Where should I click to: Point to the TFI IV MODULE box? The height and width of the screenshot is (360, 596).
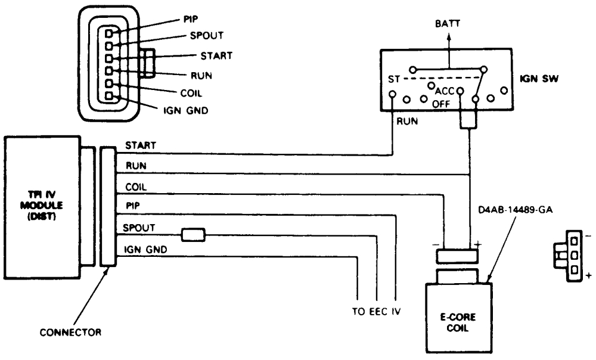(42, 203)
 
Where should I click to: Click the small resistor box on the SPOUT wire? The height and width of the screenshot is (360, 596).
(194, 235)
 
